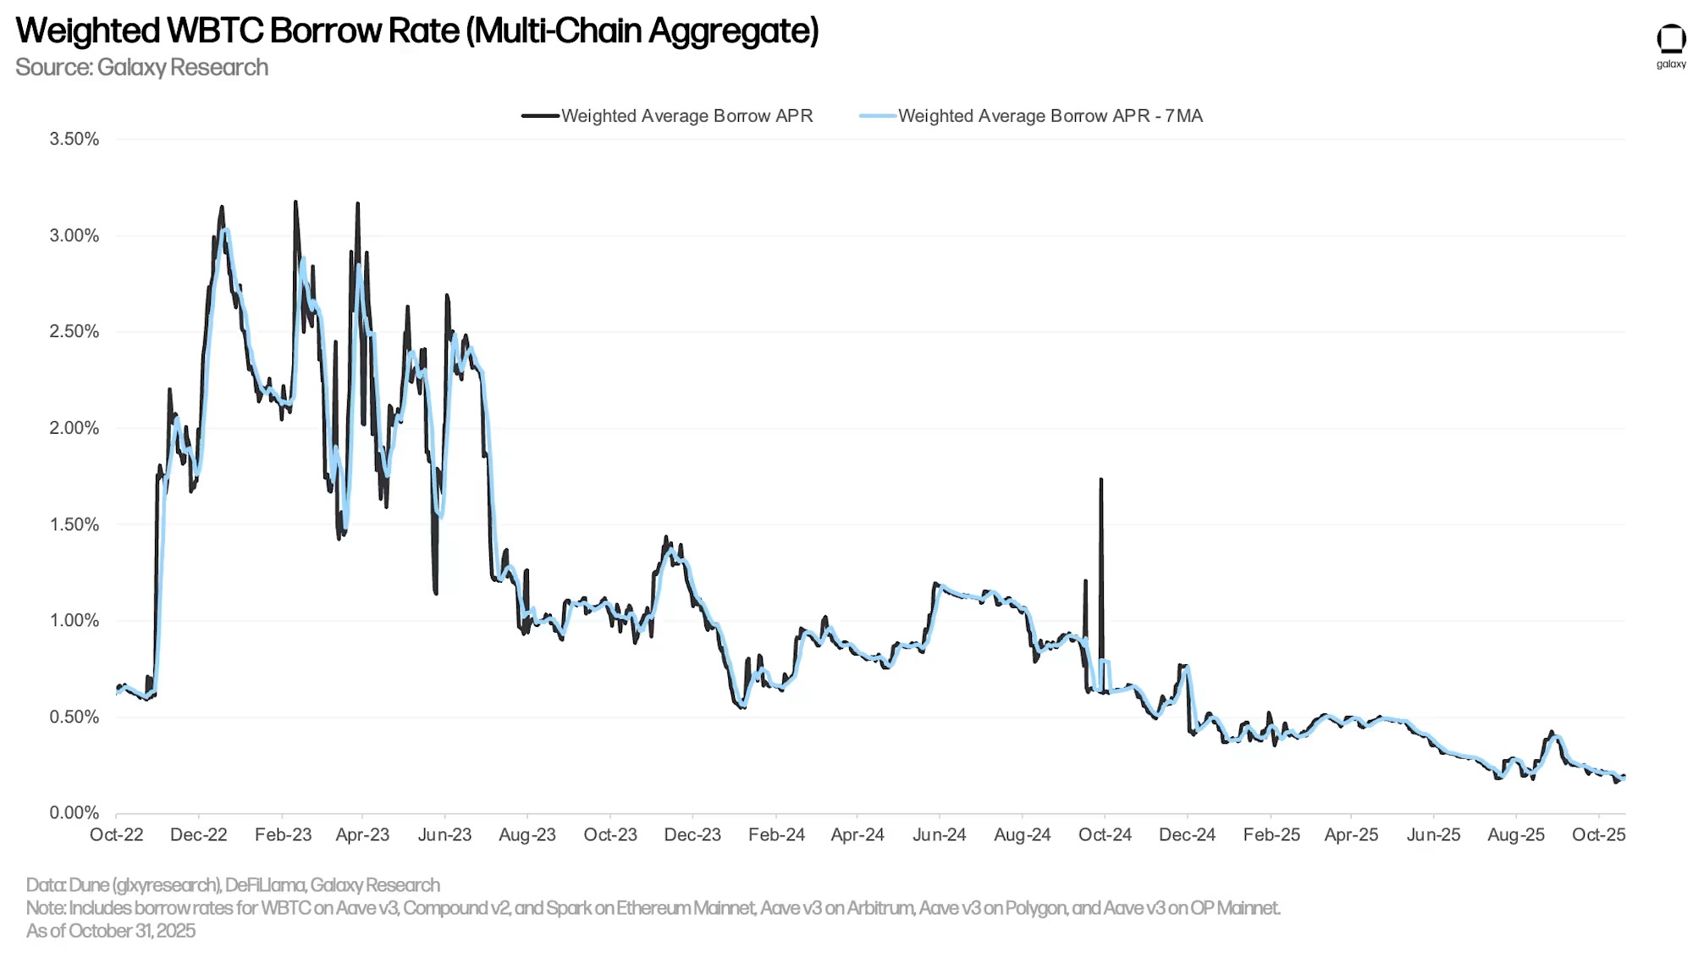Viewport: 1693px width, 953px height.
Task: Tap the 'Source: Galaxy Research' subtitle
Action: click(141, 68)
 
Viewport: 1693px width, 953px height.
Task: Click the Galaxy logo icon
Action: click(1670, 40)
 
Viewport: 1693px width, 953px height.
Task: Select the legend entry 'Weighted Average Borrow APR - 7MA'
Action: click(1050, 116)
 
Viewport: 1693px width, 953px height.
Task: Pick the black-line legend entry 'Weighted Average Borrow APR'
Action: click(687, 116)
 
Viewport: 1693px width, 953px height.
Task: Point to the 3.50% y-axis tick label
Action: click(74, 139)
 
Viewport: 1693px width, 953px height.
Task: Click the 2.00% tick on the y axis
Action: click(74, 428)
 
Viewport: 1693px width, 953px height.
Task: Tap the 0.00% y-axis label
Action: click(74, 813)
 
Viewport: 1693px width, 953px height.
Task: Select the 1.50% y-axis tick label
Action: click(74, 524)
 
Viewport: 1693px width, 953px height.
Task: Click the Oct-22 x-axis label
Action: click(117, 834)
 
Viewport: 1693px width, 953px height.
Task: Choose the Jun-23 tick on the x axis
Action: click(444, 834)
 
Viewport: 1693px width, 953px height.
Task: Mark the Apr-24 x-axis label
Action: click(858, 834)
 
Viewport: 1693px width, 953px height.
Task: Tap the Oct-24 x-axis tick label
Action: click(1105, 834)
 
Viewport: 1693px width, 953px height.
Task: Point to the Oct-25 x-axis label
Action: click(1598, 834)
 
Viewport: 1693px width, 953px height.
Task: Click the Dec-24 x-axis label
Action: click(1187, 834)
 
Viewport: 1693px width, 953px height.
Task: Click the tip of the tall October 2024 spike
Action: click(1101, 480)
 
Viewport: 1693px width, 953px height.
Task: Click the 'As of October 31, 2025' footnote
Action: click(111, 931)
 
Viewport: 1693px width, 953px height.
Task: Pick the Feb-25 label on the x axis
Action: click(1271, 834)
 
